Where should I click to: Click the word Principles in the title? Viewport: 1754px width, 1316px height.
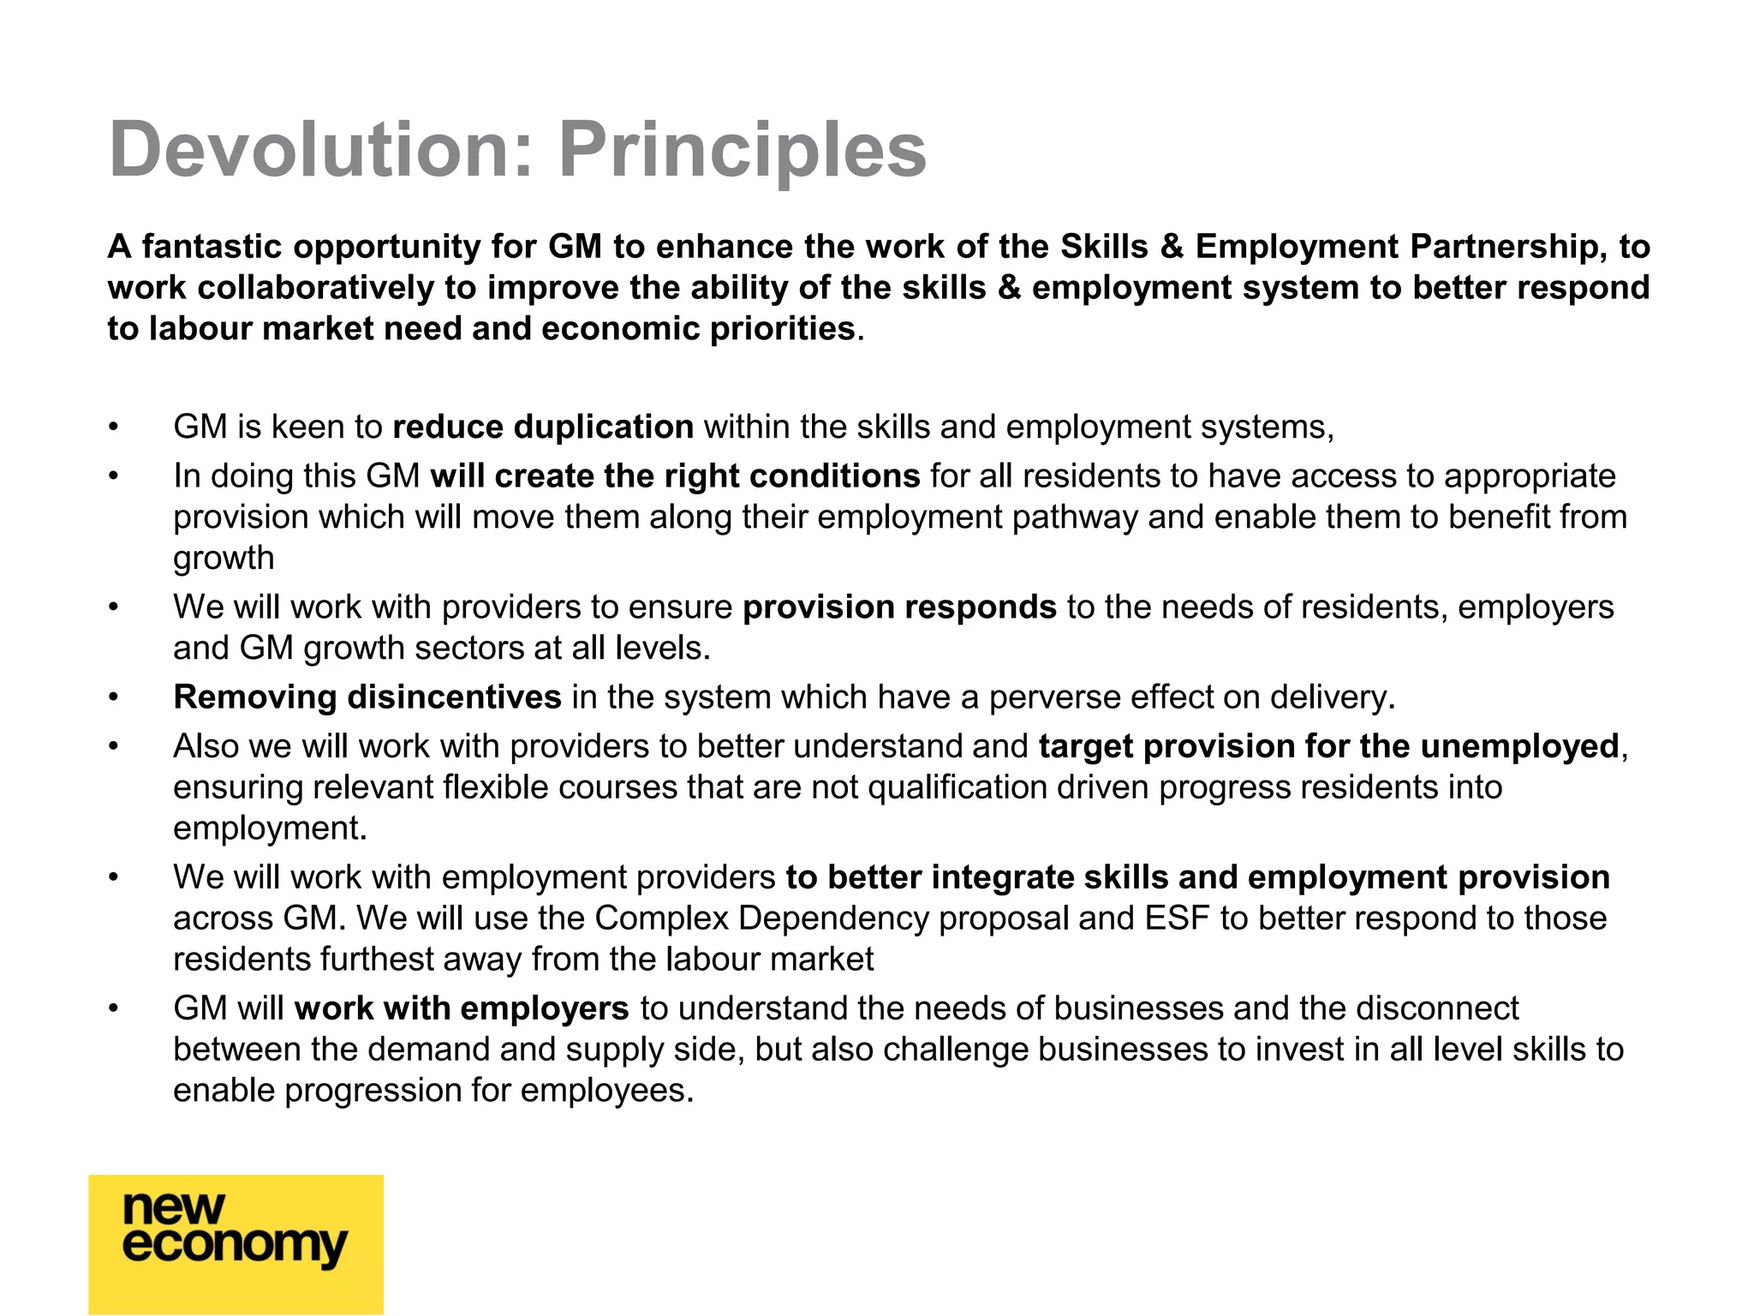point(743,150)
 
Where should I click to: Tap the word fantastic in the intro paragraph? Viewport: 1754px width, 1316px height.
point(212,247)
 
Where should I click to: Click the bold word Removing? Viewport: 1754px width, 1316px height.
point(254,697)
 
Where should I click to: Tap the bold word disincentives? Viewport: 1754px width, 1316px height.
point(454,697)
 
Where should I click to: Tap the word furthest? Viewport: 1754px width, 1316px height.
point(377,960)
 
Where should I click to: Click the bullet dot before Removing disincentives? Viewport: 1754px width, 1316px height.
point(113,697)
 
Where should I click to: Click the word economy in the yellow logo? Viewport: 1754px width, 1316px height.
point(235,1246)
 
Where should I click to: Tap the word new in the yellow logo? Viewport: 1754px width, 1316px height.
point(174,1208)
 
